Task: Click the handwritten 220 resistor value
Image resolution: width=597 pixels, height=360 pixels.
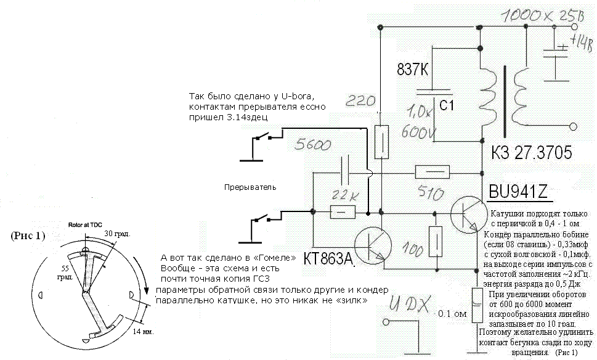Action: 361,100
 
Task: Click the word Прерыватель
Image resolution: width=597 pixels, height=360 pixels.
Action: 250,187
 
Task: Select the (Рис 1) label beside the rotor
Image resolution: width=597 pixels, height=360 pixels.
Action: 28,236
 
